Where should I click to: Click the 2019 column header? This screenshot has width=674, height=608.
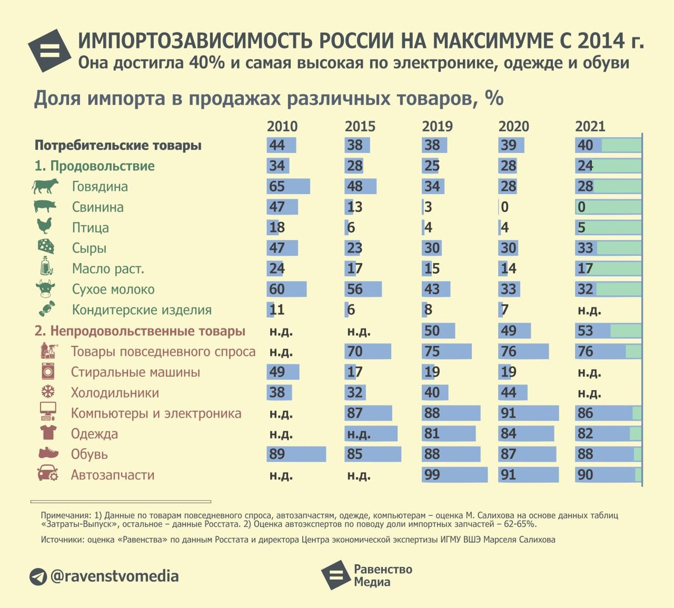pyautogui.click(x=437, y=126)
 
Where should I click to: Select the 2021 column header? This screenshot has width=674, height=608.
pyautogui.click(x=590, y=126)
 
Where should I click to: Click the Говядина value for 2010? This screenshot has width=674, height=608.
pyautogui.click(x=277, y=186)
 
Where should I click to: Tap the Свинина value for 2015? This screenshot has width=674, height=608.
pyautogui.click(x=354, y=207)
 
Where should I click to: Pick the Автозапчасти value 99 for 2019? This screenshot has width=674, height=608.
pyautogui.click(x=432, y=475)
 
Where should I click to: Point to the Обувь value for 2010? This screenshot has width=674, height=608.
pyautogui.click(x=277, y=454)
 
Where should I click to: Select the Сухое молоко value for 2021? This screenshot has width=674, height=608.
pyautogui.click(x=585, y=289)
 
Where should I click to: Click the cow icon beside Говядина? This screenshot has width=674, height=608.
pyautogui.click(x=45, y=186)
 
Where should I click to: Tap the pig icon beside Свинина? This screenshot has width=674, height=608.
pyautogui.click(x=45, y=206)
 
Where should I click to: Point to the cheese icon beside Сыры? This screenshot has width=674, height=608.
pyautogui.click(x=45, y=247)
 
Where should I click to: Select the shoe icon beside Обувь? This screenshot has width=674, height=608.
pyautogui.click(x=48, y=453)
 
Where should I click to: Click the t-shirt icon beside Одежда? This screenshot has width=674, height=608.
pyautogui.click(x=48, y=433)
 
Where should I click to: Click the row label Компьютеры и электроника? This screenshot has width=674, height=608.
pyautogui.click(x=156, y=413)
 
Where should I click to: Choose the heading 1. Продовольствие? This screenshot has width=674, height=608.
pyautogui.click(x=94, y=166)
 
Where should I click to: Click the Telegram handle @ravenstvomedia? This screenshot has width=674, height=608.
pyautogui.click(x=115, y=576)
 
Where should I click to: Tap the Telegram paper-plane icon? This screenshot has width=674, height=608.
pyautogui.click(x=38, y=577)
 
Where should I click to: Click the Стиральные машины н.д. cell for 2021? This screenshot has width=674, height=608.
pyautogui.click(x=589, y=372)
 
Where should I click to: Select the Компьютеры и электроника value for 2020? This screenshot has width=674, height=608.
pyautogui.click(x=508, y=413)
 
